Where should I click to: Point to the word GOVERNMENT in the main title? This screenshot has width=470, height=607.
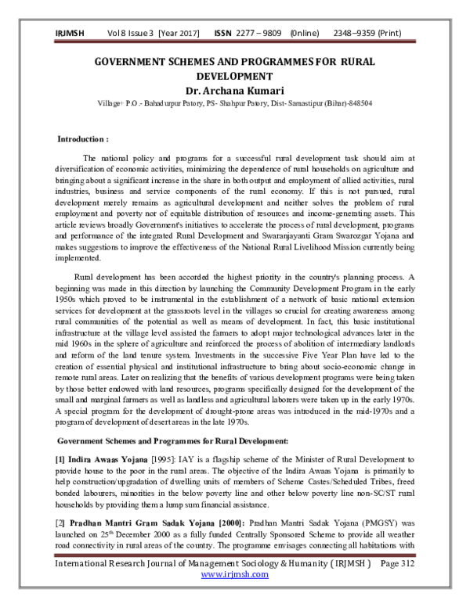[134, 61]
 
